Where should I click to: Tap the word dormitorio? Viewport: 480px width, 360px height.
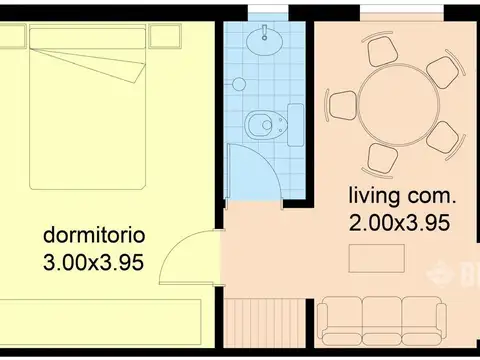pos(95,236)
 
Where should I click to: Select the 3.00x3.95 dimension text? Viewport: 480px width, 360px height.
pos(95,263)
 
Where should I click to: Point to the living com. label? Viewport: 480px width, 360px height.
pos(402,195)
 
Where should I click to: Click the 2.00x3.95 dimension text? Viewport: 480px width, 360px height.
pos(399,223)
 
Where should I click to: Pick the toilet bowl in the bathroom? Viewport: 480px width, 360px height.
pos(259,125)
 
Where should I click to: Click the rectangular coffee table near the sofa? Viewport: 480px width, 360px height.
pos(376,258)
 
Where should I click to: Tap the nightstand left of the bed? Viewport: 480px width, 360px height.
pos(12,37)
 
